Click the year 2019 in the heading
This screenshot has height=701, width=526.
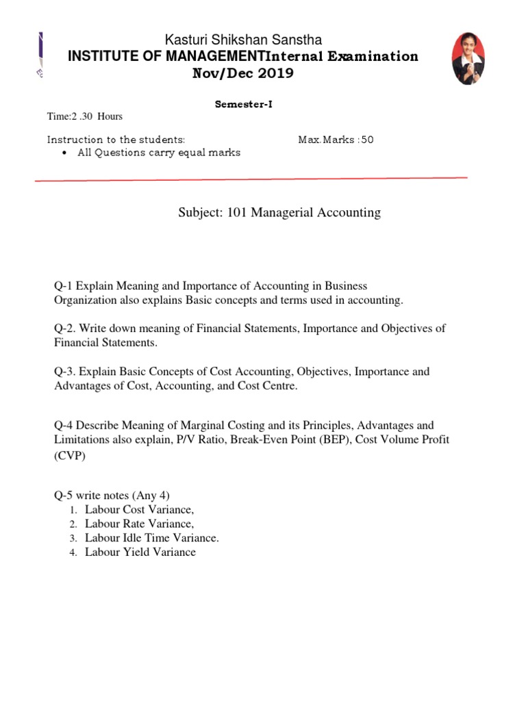tap(274, 73)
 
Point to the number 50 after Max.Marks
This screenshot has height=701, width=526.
tap(367, 140)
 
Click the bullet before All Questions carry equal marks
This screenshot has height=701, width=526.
tap(64, 153)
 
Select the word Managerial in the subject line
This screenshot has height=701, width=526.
tap(281, 213)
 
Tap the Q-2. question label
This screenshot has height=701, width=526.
tap(67, 329)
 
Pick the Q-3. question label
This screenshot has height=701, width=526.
tap(67, 372)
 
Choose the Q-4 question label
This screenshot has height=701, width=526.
tap(66, 426)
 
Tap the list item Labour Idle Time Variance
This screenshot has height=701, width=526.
tap(152, 538)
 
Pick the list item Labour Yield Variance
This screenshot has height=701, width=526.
tap(140, 552)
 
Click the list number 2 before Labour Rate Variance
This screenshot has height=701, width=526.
tap(72, 524)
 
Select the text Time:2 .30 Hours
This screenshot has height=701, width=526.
tap(85, 116)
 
